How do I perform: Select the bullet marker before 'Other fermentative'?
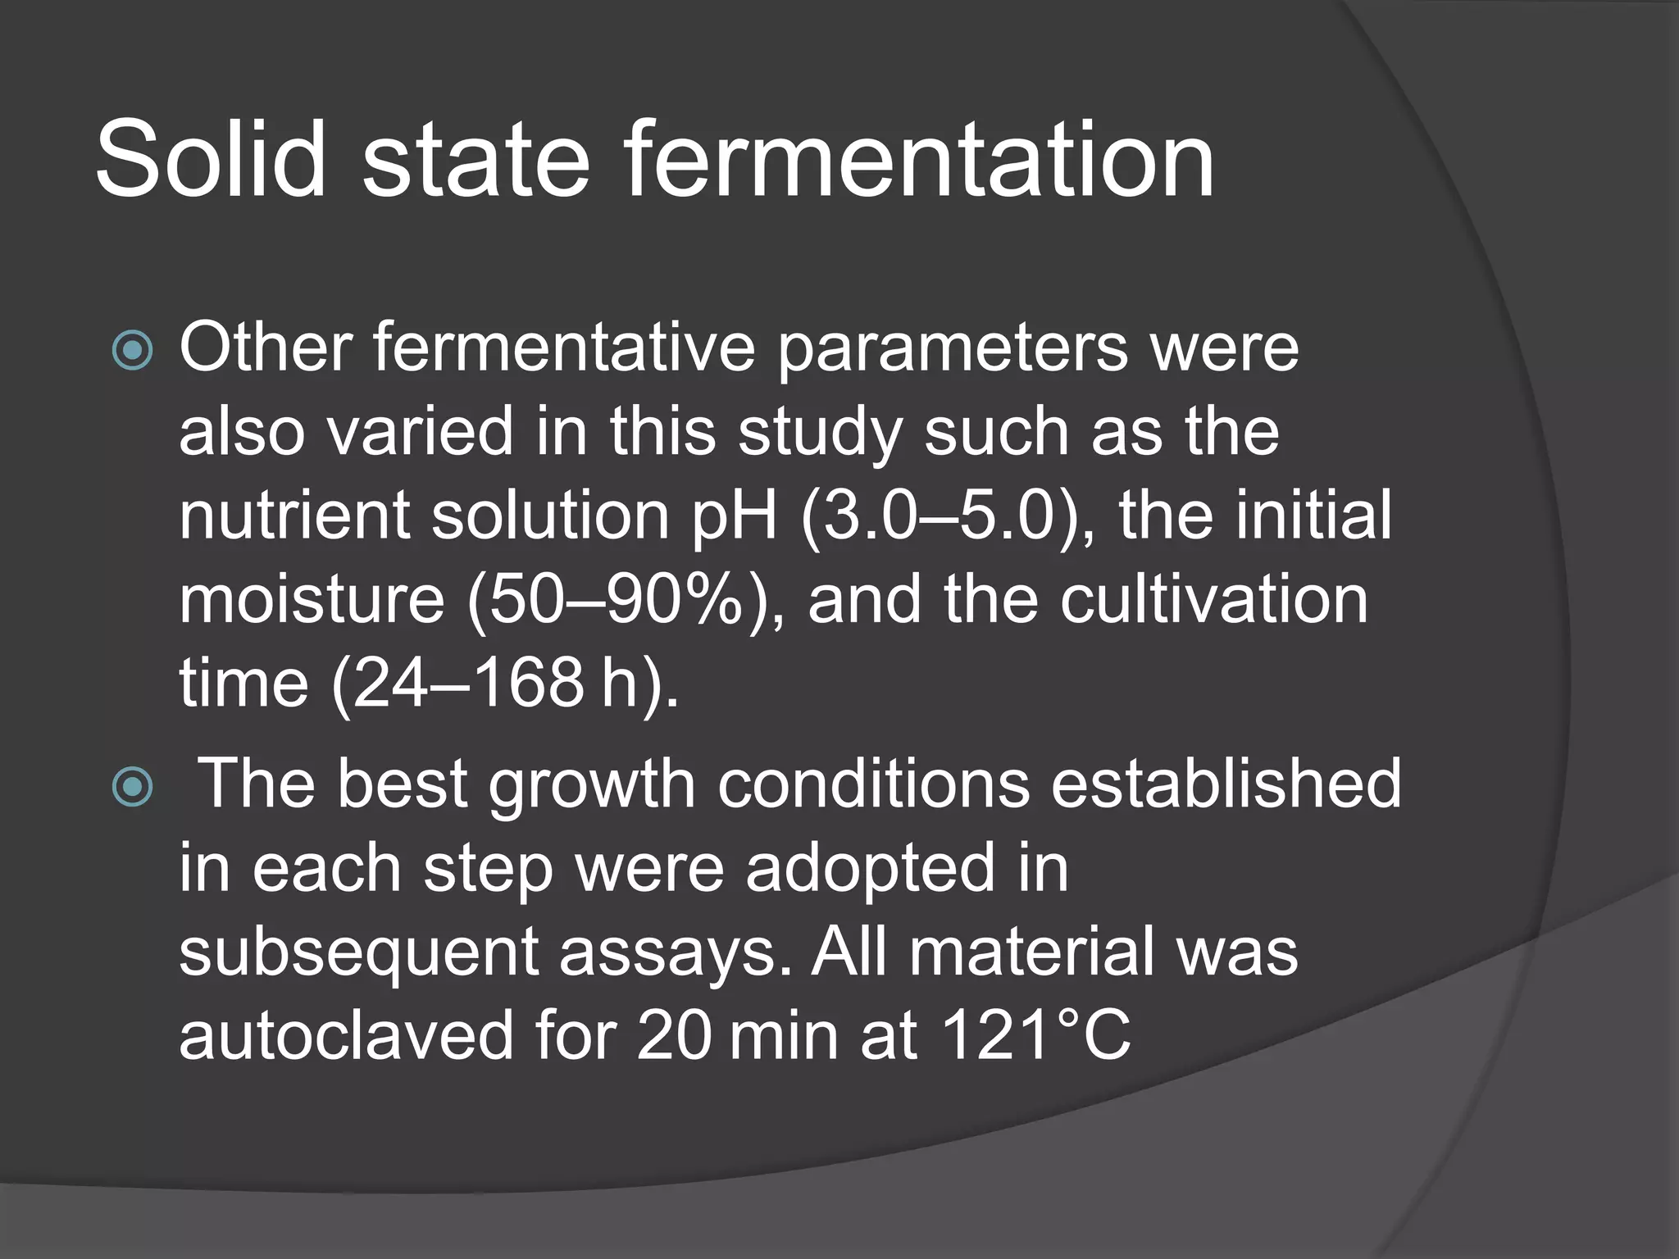tap(132, 351)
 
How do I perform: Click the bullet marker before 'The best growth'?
tap(132, 787)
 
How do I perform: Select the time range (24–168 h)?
tap(505, 684)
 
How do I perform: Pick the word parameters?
tap(951, 349)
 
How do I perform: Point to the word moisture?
tap(312, 600)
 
